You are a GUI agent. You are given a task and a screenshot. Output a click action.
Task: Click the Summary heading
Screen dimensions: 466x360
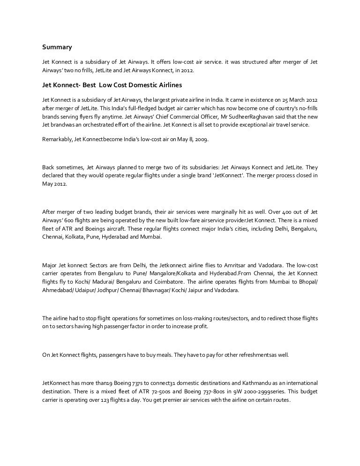pos(57,47)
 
